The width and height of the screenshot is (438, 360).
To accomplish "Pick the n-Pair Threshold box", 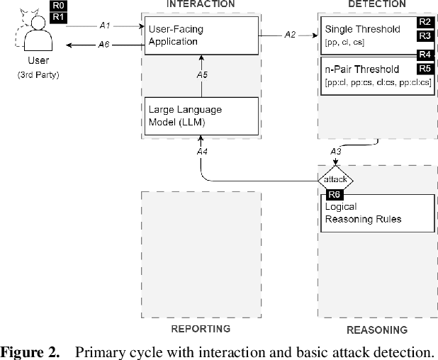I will (x=375, y=75).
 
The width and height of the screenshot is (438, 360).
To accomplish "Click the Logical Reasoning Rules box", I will (x=375, y=213).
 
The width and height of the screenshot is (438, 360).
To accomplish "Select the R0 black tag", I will (x=60, y=6).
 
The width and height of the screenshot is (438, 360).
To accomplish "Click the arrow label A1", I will (x=105, y=25).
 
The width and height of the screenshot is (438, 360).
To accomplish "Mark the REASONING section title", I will (x=376, y=330).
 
